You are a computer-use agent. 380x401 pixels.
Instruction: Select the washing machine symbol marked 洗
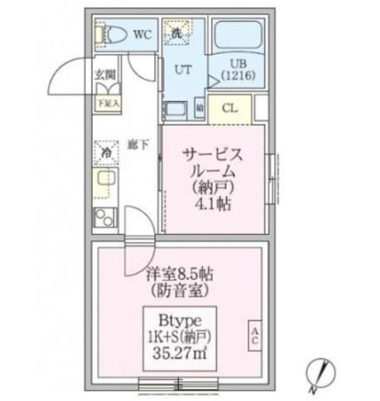click(177, 34)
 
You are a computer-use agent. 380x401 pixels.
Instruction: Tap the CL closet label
click(231, 108)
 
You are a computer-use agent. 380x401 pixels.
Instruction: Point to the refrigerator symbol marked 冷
click(106, 153)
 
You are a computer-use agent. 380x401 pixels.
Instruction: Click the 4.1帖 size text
click(214, 206)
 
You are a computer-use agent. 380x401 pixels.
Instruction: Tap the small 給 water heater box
click(200, 108)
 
